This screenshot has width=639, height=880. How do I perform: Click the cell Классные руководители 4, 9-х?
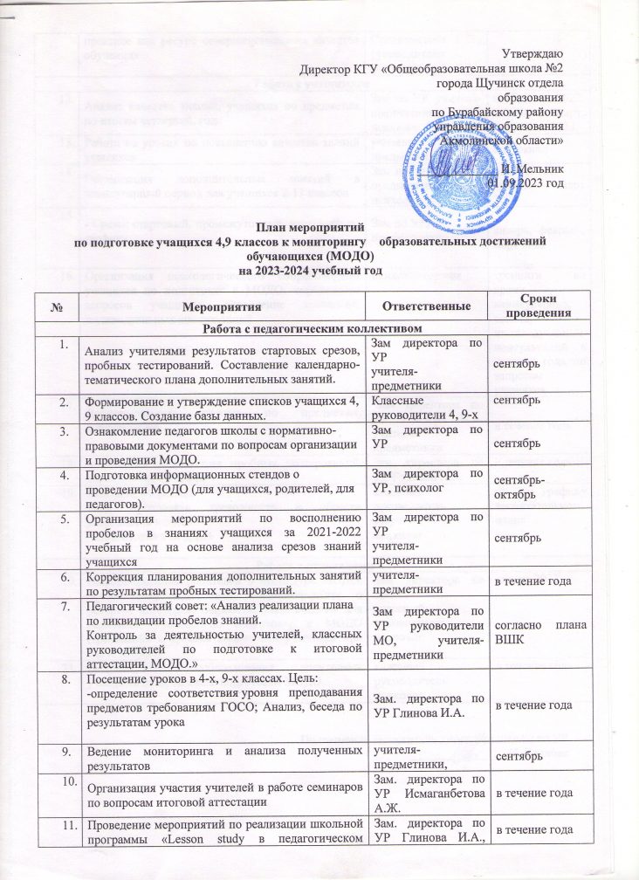pyautogui.click(x=419, y=407)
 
